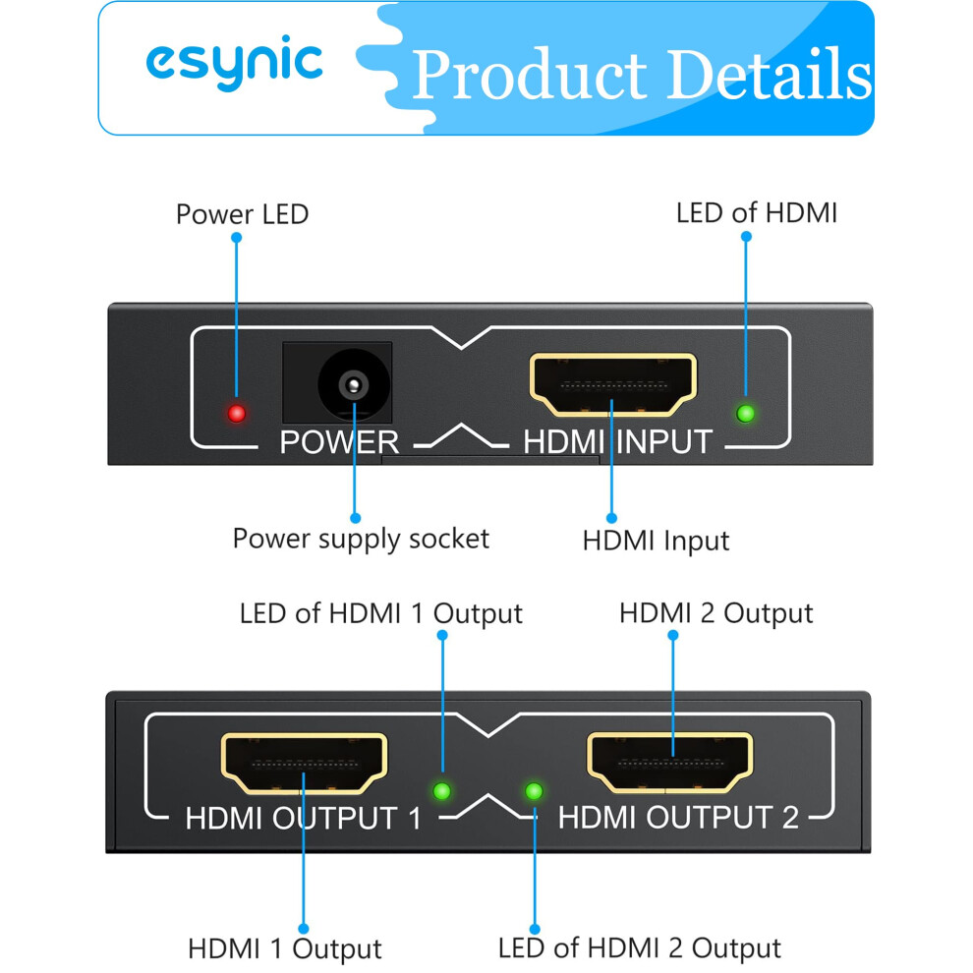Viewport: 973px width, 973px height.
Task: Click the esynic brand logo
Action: [235, 63]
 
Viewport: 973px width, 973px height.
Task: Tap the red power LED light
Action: [237, 413]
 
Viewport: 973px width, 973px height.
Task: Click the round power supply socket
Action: [354, 384]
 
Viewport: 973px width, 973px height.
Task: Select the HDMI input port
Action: [613, 384]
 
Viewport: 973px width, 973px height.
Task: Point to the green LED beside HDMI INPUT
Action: [745, 413]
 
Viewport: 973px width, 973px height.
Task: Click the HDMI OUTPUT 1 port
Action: [304, 764]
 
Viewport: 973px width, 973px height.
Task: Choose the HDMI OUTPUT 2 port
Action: [670, 763]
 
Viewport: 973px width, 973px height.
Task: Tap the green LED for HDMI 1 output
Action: [442, 791]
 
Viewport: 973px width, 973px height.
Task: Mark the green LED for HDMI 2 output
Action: [534, 791]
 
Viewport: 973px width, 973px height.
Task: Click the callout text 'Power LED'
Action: [242, 214]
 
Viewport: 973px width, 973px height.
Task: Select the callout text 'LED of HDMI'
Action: [757, 213]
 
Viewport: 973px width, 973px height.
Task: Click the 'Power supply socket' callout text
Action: [361, 539]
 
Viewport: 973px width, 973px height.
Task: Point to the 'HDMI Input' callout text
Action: [656, 541]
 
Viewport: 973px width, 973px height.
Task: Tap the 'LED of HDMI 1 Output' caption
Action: [381, 613]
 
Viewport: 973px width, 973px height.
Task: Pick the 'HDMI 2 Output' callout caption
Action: [716, 613]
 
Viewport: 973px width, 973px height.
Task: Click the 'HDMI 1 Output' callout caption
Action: [285, 948]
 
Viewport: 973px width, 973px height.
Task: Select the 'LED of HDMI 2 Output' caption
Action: [639, 948]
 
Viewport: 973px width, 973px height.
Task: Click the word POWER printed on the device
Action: [339, 442]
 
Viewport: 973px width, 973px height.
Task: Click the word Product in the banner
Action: [530, 75]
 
